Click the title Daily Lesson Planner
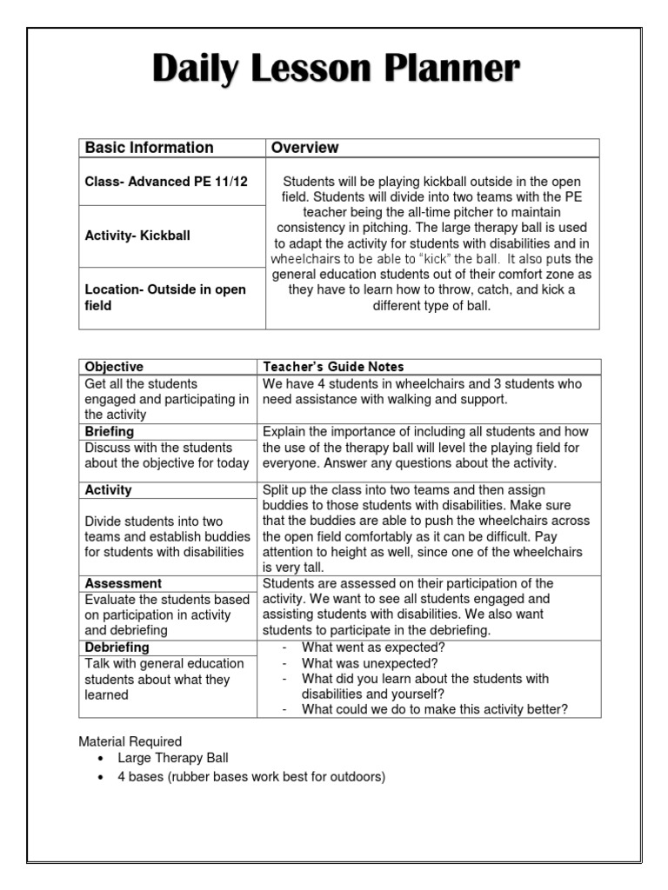(336, 70)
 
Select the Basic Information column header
(149, 148)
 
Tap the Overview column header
(304, 148)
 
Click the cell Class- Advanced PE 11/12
(166, 181)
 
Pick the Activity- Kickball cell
(137, 236)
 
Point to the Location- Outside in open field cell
(165, 297)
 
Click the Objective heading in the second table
(114, 367)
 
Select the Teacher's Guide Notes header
(333, 367)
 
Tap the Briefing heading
(109, 431)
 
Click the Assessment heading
(123, 583)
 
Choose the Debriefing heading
(117, 647)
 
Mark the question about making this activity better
(434, 709)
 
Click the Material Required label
(130, 741)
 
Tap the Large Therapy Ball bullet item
(172, 758)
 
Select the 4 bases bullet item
(250, 776)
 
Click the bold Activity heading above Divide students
(108, 489)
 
